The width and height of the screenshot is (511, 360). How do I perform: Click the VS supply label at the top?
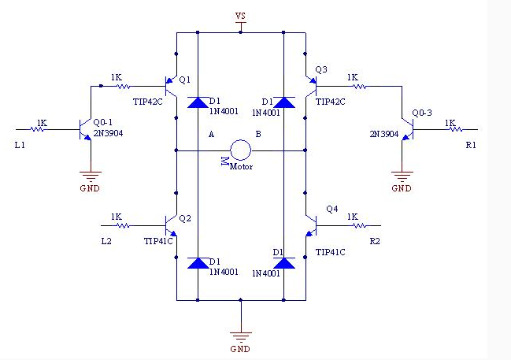pyautogui.click(x=240, y=16)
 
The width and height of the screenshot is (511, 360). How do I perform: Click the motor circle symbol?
pyautogui.click(x=240, y=141)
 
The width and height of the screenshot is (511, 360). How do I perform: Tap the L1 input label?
pyautogui.click(x=20, y=145)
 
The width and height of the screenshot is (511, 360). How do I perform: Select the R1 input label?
pyautogui.click(x=471, y=145)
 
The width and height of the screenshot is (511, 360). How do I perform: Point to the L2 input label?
pyautogui.click(x=106, y=241)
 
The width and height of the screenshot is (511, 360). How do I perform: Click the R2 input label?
pyautogui.click(x=375, y=241)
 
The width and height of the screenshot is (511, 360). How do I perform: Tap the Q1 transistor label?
pyautogui.click(x=185, y=80)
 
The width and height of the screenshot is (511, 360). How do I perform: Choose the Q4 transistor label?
pyautogui.click(x=332, y=209)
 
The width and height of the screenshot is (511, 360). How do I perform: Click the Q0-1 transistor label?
pyautogui.click(x=102, y=122)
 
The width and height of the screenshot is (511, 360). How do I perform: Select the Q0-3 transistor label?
pyautogui.click(x=422, y=113)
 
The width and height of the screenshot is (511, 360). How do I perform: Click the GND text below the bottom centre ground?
pyautogui.click(x=240, y=349)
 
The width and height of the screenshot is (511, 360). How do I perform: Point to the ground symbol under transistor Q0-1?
pyautogui.click(x=91, y=176)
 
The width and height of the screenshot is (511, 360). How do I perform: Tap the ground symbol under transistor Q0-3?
pyautogui.click(x=402, y=176)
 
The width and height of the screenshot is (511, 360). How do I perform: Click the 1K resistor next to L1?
pyautogui.click(x=39, y=129)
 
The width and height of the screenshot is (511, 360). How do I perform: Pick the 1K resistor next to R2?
pyautogui.click(x=358, y=225)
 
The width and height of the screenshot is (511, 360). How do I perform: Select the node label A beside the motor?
pyautogui.click(x=211, y=134)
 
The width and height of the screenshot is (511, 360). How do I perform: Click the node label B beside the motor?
pyautogui.click(x=258, y=134)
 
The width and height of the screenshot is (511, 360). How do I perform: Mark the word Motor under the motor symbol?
pyautogui.click(x=241, y=167)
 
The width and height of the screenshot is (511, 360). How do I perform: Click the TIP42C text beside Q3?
pyautogui.click(x=330, y=102)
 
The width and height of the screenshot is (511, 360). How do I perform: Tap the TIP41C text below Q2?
pyautogui.click(x=158, y=241)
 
